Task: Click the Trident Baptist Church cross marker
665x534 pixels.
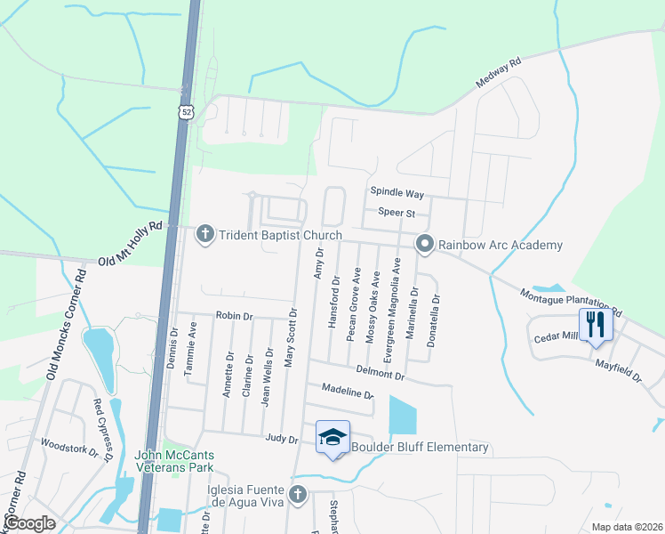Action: coord(204,235)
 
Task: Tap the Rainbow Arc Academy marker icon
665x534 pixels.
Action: coord(426,244)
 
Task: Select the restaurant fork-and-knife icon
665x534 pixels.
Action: coord(594,323)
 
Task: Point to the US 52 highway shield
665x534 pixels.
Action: coord(185,110)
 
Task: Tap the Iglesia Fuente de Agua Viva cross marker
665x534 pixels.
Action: coord(298,494)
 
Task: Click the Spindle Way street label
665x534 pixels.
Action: coord(397,193)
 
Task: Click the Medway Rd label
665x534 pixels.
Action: coord(498,73)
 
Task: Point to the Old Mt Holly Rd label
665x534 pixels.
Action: coord(131,244)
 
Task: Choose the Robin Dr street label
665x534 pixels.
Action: coord(235,316)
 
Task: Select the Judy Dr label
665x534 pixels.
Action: coord(281,438)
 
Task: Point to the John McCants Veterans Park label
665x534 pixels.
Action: coord(174,462)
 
